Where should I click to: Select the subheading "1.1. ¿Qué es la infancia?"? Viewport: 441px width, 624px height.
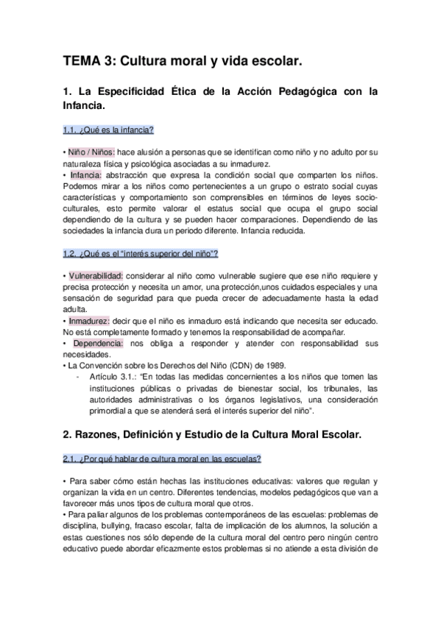click(107, 130)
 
